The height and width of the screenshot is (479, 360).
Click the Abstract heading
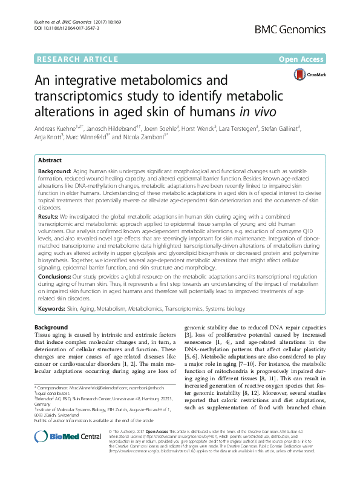[x=50, y=160]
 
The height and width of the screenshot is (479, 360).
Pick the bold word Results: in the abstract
[x=48, y=216]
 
